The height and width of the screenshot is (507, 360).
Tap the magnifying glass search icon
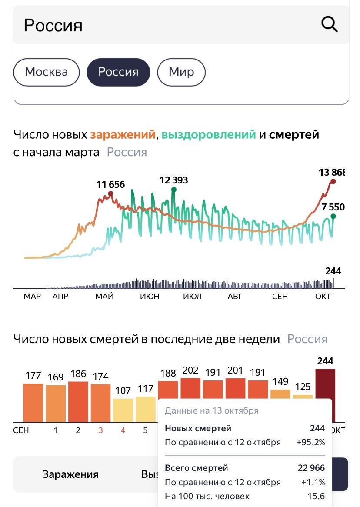(x=329, y=25)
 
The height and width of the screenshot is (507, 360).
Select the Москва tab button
(x=47, y=72)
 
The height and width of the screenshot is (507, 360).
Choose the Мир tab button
(x=181, y=72)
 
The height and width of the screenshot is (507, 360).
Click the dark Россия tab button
(x=118, y=72)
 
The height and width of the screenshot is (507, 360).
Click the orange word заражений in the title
(x=122, y=135)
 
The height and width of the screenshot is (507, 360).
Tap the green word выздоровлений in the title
(x=209, y=135)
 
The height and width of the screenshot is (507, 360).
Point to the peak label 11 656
(x=110, y=185)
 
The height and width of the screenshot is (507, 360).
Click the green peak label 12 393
(x=173, y=180)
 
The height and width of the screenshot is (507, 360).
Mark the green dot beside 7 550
(x=333, y=216)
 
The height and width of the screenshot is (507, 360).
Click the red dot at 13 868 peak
(x=333, y=181)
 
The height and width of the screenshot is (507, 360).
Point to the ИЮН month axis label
(x=150, y=297)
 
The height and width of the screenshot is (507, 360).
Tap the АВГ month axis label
(x=235, y=297)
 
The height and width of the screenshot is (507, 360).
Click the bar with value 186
(x=78, y=401)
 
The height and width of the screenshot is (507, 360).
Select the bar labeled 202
(x=190, y=388)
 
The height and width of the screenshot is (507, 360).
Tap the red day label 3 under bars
(x=100, y=430)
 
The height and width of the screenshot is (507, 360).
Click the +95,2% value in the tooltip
(x=310, y=443)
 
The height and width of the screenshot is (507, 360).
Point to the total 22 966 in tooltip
(x=311, y=468)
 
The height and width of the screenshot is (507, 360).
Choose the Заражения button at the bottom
(x=70, y=474)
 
